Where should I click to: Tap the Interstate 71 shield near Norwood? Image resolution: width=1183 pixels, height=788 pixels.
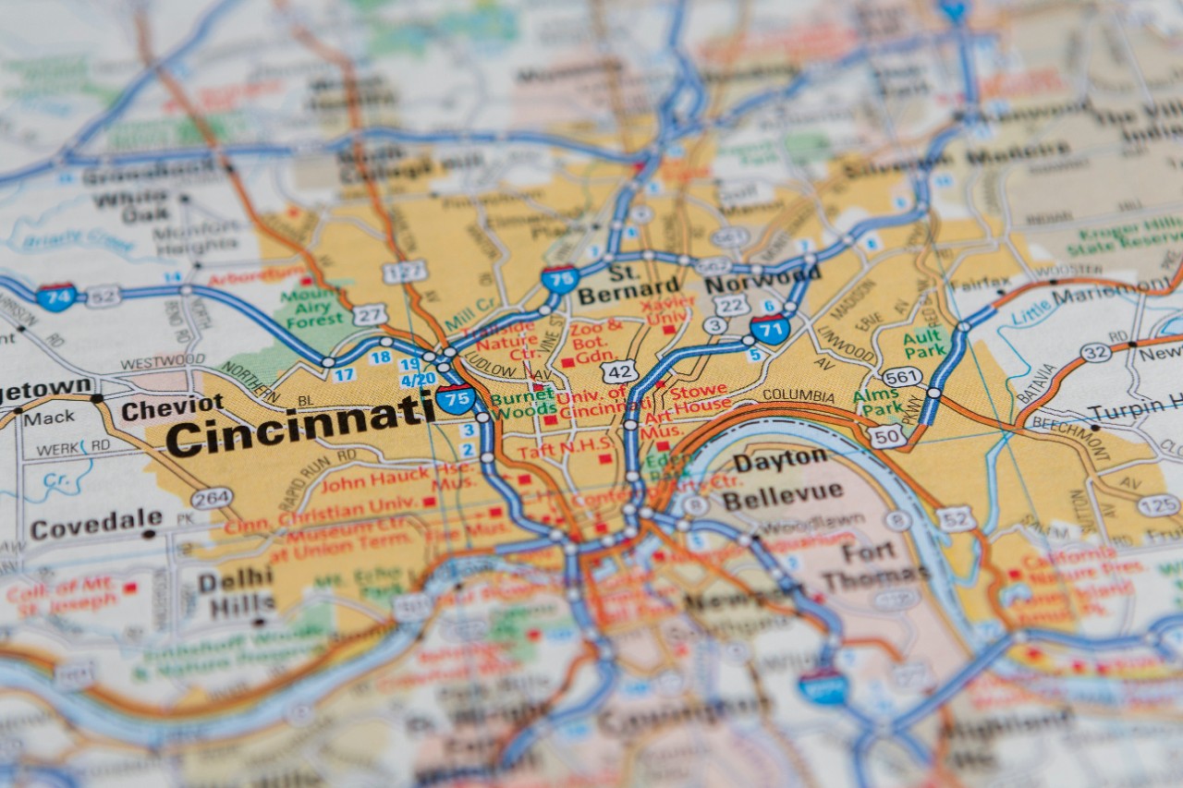(769, 329)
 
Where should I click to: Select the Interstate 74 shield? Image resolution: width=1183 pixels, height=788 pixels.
(56, 297)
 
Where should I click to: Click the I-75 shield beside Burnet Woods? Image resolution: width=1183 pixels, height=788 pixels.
(455, 398)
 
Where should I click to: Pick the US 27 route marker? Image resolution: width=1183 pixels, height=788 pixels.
(369, 314)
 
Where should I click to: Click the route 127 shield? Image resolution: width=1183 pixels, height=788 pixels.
(405, 271)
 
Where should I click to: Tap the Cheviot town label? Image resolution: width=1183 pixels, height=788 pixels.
(172, 407)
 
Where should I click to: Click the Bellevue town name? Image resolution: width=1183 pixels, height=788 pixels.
(782, 495)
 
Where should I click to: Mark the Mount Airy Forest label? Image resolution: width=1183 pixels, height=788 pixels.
(315, 307)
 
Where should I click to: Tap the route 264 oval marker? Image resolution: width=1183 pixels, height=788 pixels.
(212, 498)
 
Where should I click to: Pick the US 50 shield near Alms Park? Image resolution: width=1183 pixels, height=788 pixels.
(886, 436)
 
